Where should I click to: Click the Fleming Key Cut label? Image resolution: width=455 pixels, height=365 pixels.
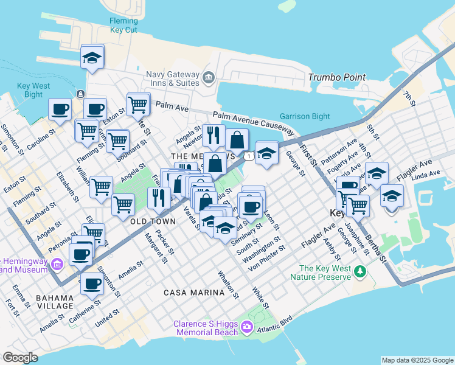[x=123, y=25]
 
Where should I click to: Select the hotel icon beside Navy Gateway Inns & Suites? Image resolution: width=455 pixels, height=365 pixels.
[x=209, y=77]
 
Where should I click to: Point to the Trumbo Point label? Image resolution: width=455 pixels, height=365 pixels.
[x=337, y=77]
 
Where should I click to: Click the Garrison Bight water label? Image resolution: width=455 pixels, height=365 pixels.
[x=305, y=116]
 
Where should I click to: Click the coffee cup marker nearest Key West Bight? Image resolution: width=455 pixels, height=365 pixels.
[x=60, y=109]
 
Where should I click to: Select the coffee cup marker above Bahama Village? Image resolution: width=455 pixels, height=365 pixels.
[x=92, y=283]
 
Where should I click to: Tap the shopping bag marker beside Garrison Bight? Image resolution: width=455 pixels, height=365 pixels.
[x=237, y=140]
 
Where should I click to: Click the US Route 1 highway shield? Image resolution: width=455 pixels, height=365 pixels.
[x=249, y=157]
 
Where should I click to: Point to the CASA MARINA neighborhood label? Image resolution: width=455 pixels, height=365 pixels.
[x=194, y=293]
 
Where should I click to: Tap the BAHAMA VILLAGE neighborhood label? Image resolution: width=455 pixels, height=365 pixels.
[x=55, y=302]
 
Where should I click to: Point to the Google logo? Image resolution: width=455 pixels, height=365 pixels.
[x=21, y=357]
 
